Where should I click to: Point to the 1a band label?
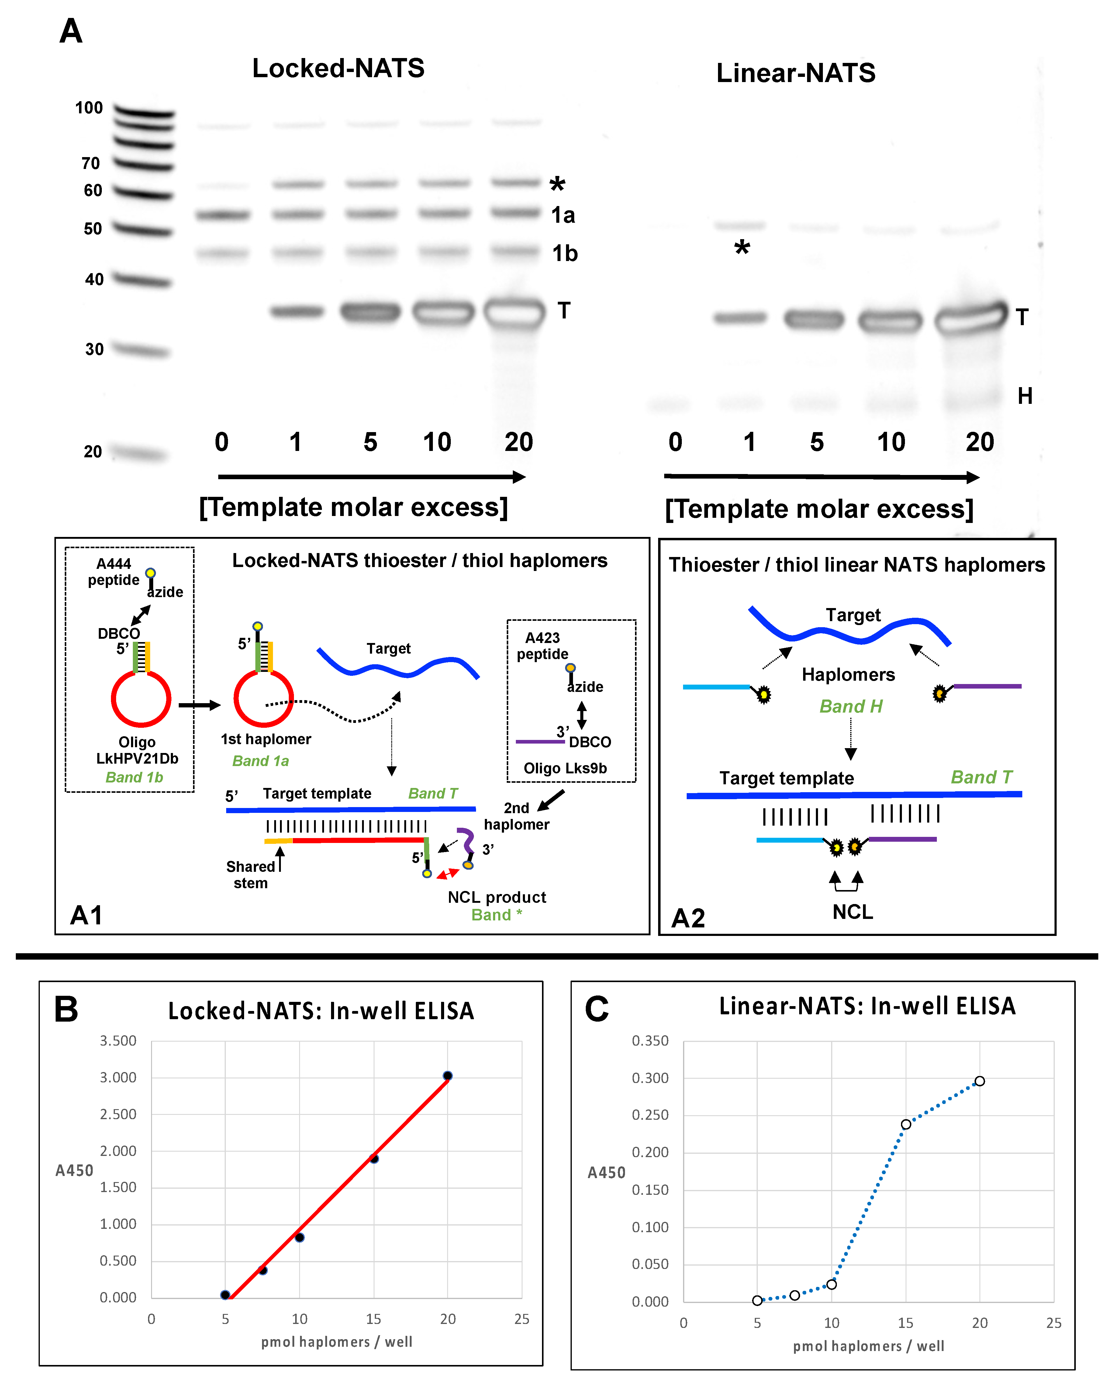coord(563,215)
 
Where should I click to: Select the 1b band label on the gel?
coord(564,253)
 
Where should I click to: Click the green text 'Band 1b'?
coord(134,777)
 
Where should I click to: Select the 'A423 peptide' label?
coord(543,646)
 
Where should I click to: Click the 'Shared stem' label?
coord(250,874)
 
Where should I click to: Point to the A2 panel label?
coord(688,918)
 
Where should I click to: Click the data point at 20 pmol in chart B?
coord(448,1076)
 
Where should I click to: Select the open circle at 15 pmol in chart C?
coord(906,1124)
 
